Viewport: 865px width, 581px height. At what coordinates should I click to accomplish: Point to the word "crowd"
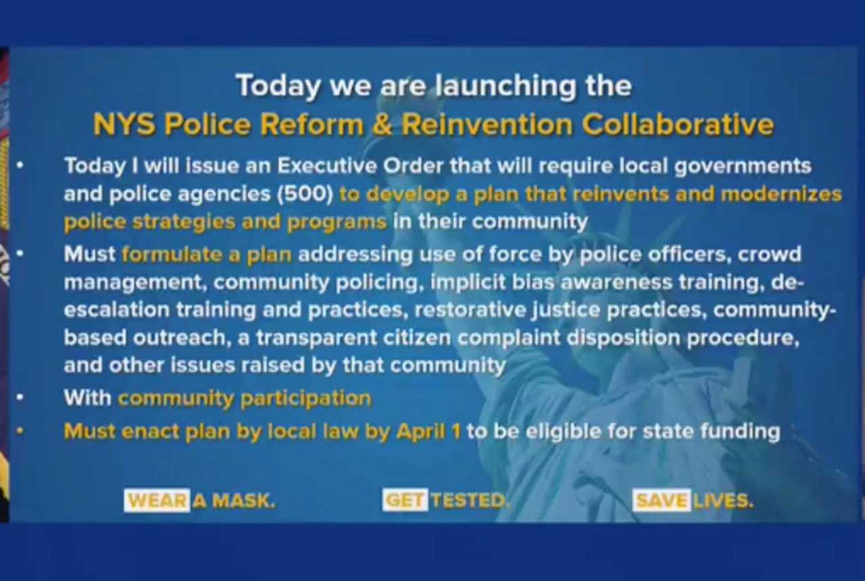[x=769, y=255]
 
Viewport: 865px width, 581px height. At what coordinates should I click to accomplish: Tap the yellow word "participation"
[x=306, y=398]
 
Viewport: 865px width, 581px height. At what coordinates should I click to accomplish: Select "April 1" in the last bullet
[x=428, y=431]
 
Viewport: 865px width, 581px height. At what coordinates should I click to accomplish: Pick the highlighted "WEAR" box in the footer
[x=157, y=501]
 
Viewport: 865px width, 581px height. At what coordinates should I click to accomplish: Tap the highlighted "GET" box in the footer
[x=405, y=501]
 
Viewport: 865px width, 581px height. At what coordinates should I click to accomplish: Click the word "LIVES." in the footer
[x=722, y=501]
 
